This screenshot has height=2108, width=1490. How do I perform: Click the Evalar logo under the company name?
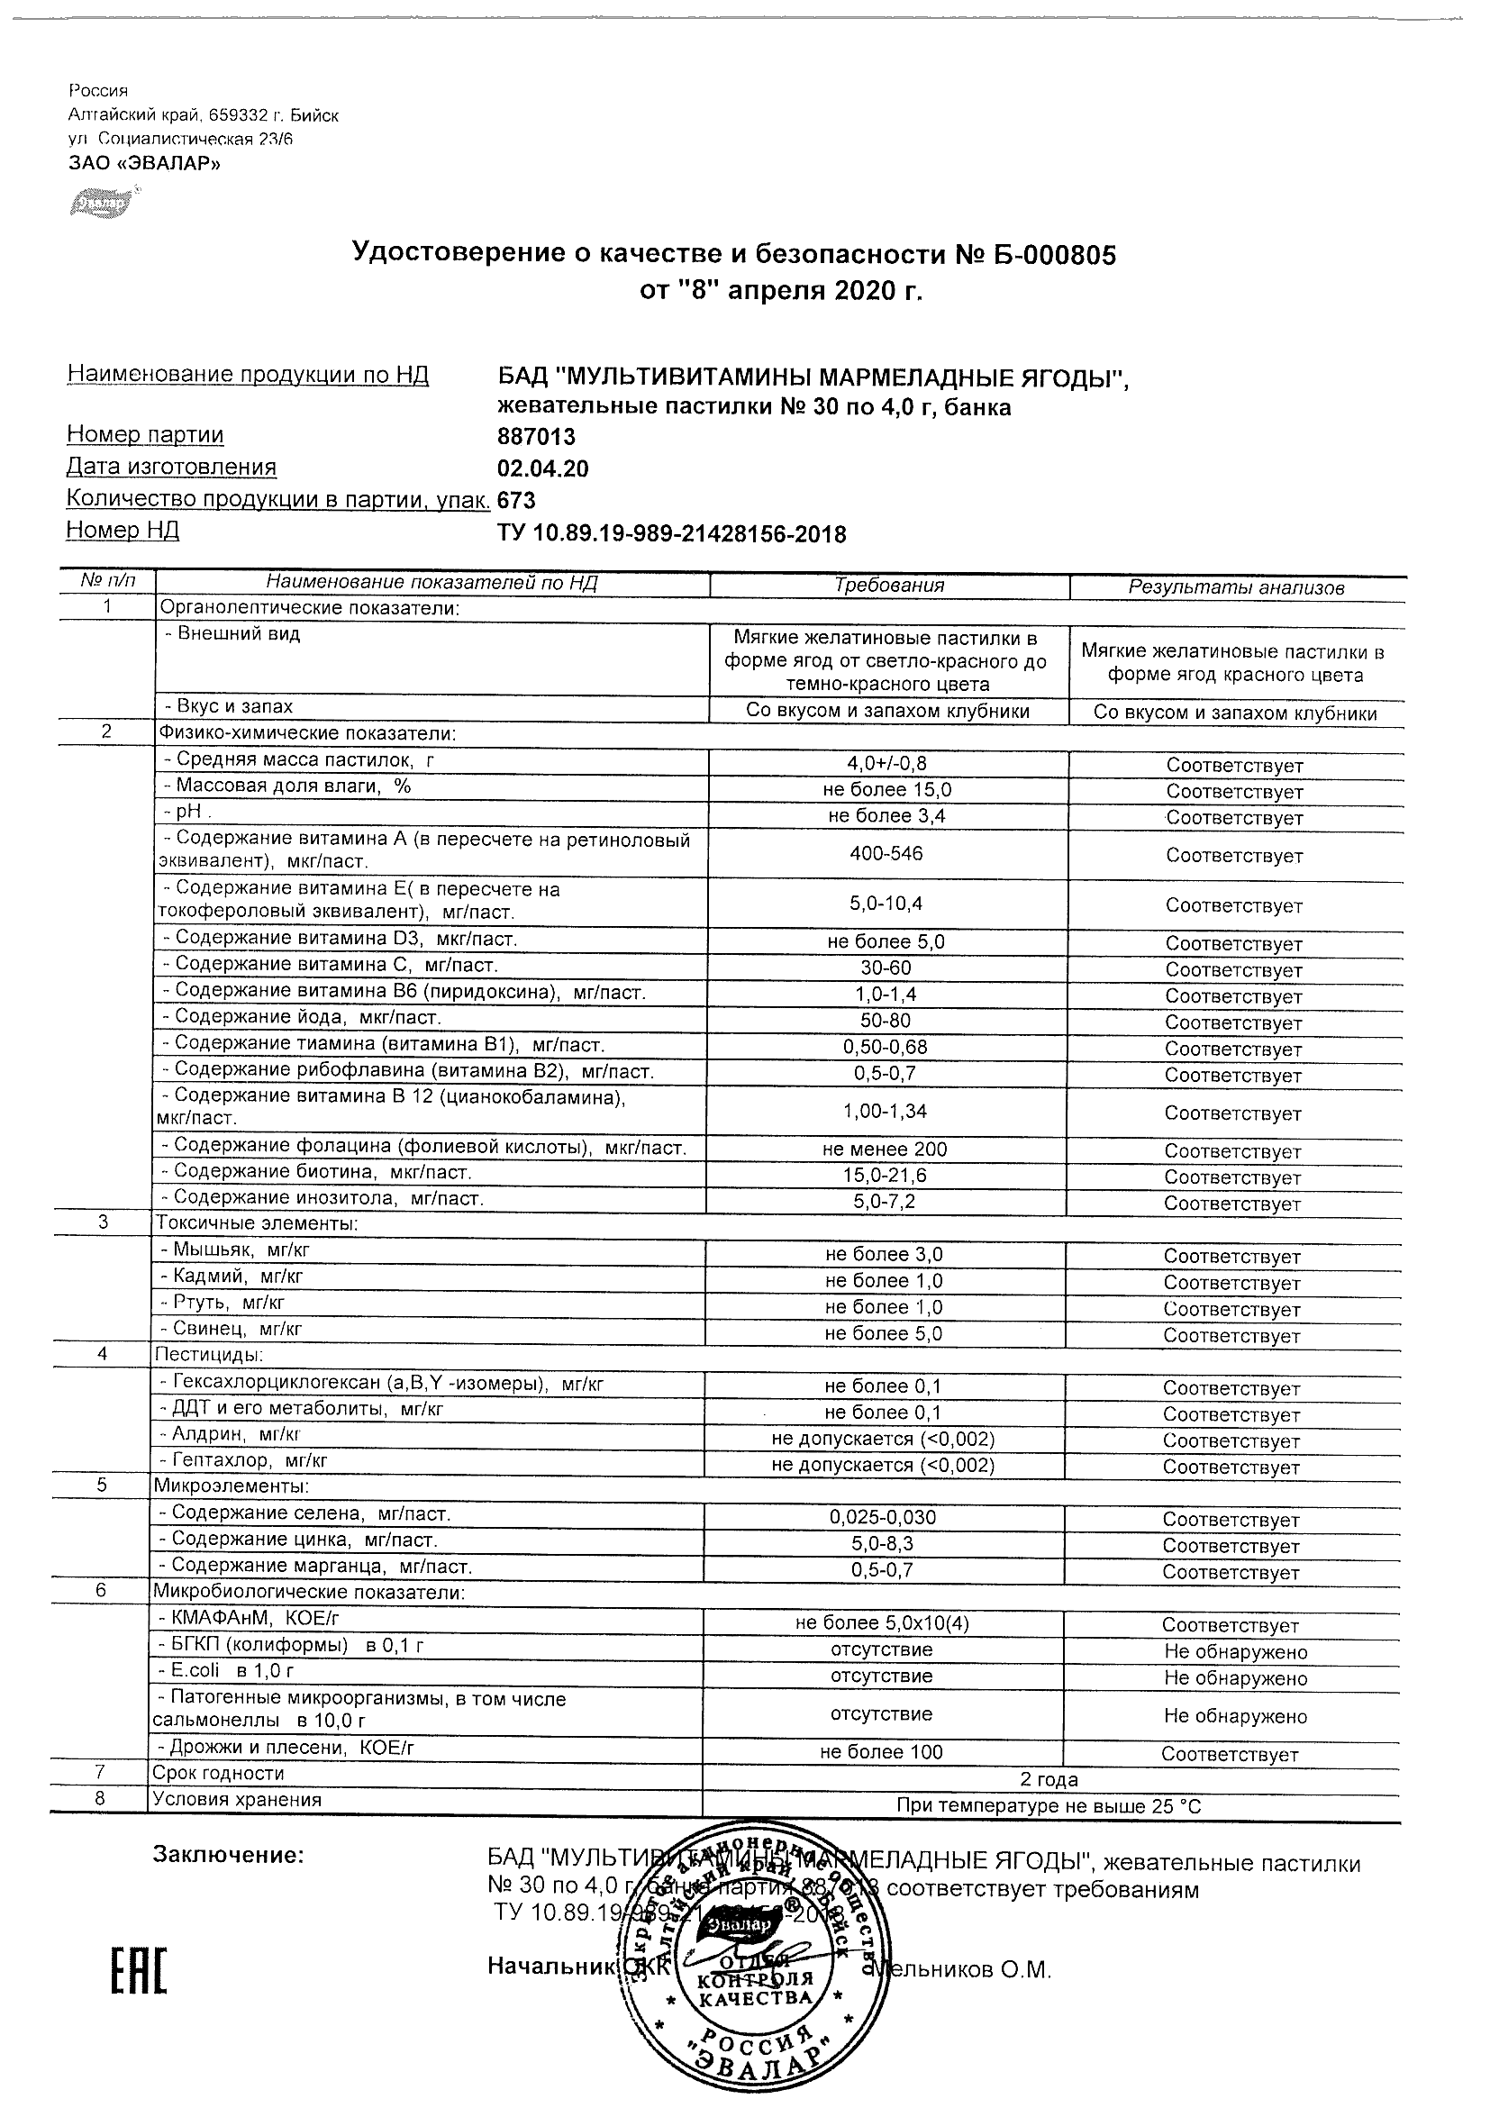[104, 201]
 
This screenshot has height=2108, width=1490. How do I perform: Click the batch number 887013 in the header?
[536, 437]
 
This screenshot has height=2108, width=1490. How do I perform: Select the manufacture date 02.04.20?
[542, 469]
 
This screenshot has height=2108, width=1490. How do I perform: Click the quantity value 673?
[516, 500]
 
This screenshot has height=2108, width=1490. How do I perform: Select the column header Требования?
[888, 586]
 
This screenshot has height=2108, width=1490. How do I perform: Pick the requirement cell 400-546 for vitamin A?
[886, 853]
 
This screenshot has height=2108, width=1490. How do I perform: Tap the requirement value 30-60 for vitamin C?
[886, 968]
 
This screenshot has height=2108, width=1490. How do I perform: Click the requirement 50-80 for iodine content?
[886, 1020]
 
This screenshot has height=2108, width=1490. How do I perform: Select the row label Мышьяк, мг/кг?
[241, 1249]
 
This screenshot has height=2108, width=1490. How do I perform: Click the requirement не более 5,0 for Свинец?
[883, 1334]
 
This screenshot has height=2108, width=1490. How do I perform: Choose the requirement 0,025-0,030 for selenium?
[882, 1518]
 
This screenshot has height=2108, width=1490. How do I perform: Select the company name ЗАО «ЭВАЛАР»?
[144, 163]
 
